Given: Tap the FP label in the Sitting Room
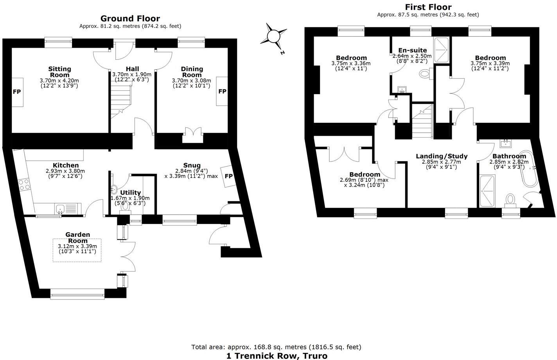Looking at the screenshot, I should coord(17,92).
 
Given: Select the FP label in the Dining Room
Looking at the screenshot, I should coord(222,91).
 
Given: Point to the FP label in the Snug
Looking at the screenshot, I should coord(228,176).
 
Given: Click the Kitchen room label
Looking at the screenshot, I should coord(66,165).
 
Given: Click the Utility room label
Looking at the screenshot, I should coord(130,193).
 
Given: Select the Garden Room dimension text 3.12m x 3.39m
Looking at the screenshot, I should coord(77,246).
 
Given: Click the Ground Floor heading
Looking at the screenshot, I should coord(130,18).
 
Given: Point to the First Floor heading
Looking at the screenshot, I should coord(428,7).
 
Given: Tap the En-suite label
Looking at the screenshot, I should coord(412,50).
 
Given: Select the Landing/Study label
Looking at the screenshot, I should coord(441,156).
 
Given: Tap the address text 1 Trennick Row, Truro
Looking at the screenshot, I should coord(277,356).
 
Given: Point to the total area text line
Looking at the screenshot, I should coord(276,347).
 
